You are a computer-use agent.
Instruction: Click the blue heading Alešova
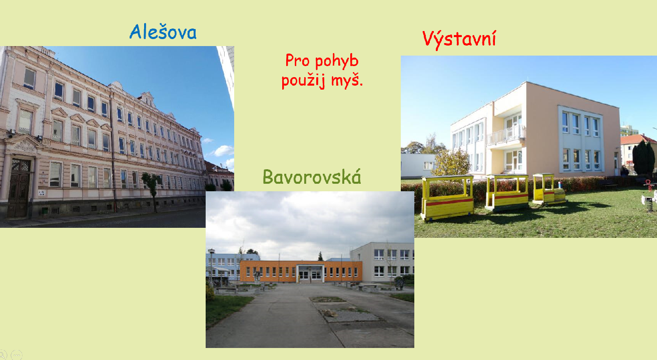163,32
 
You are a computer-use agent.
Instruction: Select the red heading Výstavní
459,40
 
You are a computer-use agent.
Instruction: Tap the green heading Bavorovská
312,177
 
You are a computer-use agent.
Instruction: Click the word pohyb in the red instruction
337,62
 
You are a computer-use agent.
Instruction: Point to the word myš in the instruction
345,80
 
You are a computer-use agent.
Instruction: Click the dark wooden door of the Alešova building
20,188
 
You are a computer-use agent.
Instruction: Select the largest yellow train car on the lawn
447,198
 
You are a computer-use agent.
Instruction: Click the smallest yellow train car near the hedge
548,189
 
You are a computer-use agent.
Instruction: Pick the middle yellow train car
507,192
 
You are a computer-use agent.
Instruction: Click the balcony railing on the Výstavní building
506,135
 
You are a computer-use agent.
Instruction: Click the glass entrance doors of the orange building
310,275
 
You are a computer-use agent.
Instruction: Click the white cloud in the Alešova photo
224,151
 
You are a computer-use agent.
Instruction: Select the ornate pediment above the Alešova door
24,144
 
